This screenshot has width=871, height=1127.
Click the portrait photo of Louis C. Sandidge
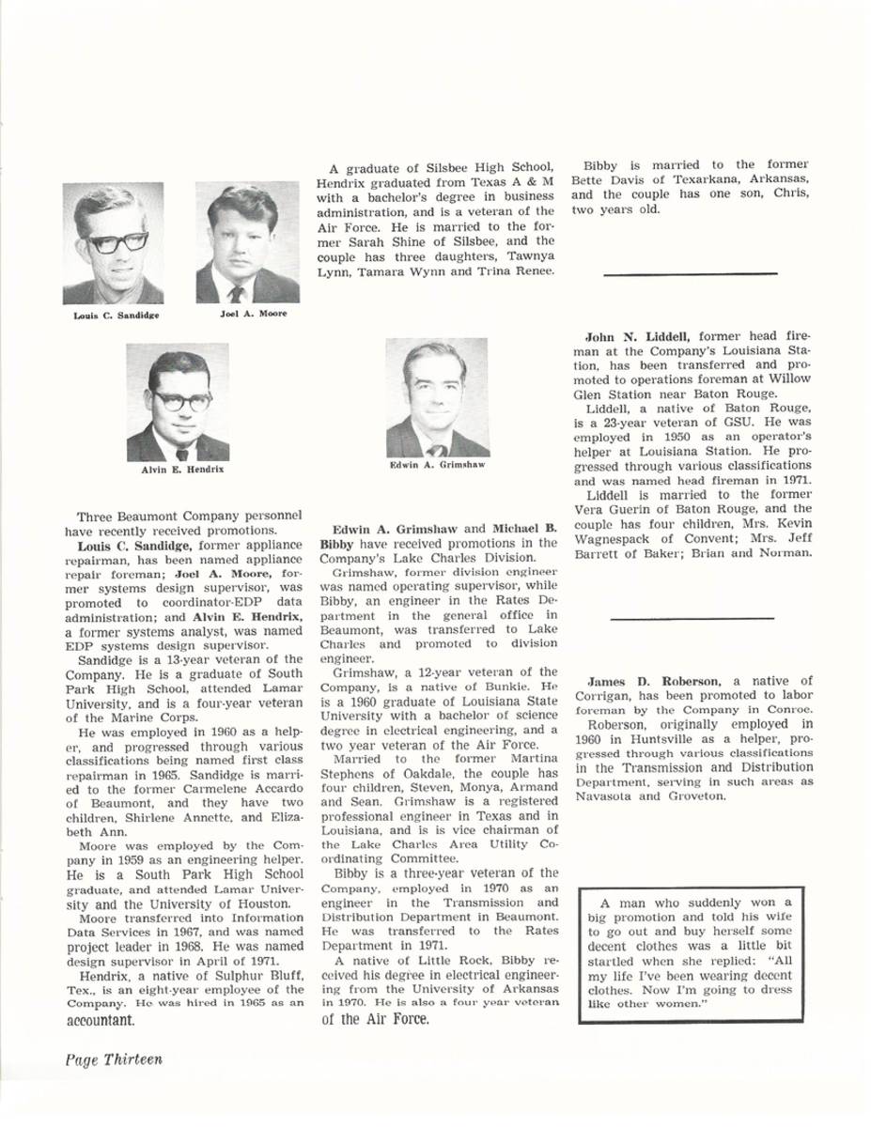(113, 243)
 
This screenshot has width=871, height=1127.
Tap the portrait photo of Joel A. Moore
(247, 243)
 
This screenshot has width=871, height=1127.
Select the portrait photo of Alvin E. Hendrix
(179, 402)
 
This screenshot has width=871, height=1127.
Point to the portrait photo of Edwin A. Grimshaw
(437, 397)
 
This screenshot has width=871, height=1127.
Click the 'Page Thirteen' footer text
(114, 1059)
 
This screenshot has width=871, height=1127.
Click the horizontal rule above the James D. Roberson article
(691, 618)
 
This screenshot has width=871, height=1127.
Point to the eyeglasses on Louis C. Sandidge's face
(117, 241)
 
